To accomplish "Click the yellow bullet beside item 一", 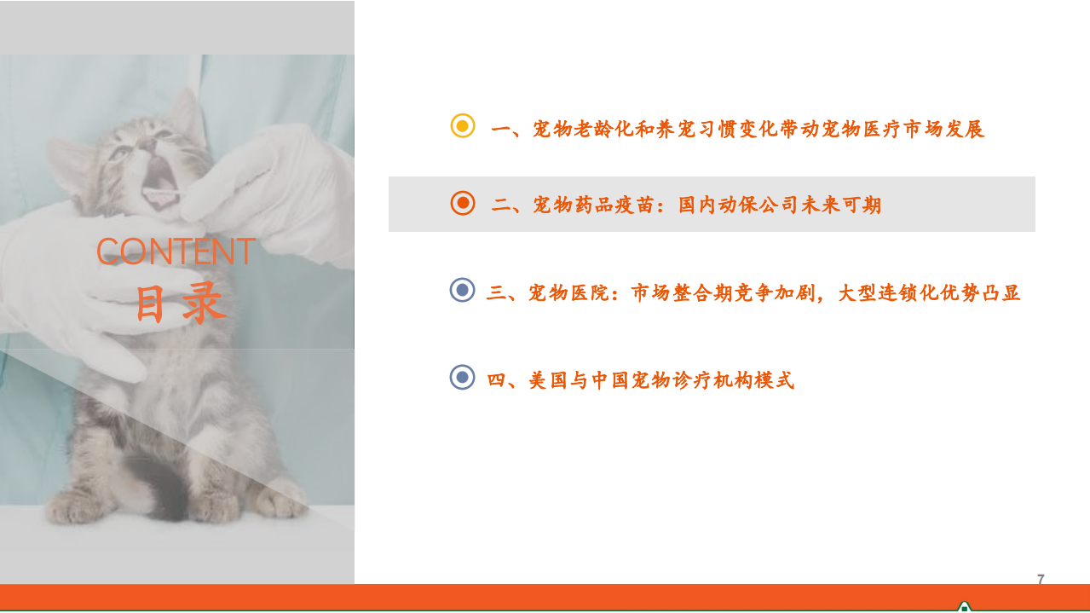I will [462, 127].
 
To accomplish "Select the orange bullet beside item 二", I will [462, 203].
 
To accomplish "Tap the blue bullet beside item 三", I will [462, 291].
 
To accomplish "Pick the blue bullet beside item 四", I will [462, 377].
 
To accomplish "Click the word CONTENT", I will [176, 252].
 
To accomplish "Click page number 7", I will [1041, 580].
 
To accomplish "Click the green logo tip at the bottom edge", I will [964, 606].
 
